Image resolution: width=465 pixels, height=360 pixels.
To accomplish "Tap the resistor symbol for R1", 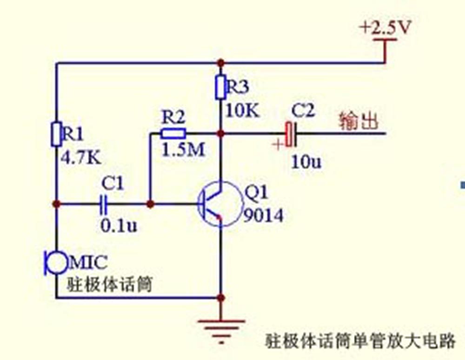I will [56, 133].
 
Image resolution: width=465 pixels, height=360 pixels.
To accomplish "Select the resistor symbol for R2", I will [173, 133].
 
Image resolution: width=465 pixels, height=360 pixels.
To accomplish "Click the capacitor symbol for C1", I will [103, 203].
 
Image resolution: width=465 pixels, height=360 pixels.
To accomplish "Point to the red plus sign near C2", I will [278, 144].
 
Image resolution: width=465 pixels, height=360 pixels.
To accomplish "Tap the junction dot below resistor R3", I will [221, 133].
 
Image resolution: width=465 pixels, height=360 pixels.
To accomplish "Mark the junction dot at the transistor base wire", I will [150, 203].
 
